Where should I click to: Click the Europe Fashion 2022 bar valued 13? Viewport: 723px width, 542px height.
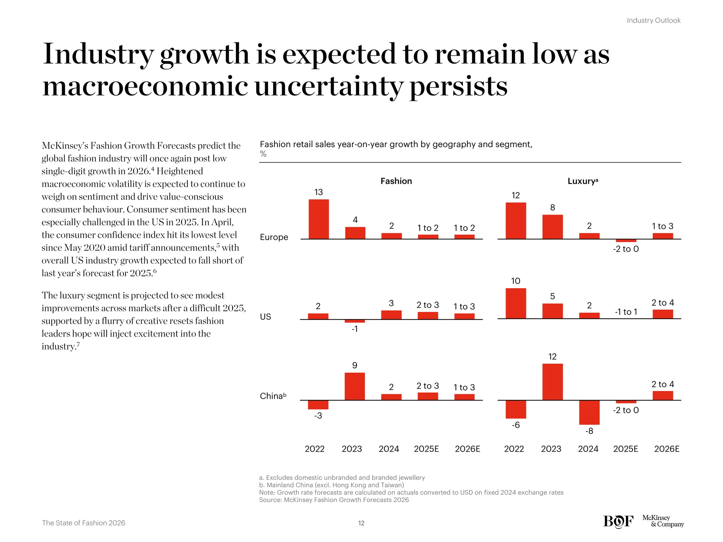318,219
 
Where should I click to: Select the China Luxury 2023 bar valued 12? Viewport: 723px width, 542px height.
552,382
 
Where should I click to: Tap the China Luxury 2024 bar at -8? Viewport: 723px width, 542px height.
589,412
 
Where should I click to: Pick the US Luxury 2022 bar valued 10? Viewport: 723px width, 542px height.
516,303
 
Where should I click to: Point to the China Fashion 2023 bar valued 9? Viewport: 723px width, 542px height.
354,386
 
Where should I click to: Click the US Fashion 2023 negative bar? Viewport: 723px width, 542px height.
354,321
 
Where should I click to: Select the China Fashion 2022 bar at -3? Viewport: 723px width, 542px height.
318,405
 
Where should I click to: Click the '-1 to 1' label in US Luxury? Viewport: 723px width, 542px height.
626,312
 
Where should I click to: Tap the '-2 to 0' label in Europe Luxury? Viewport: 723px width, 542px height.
626,249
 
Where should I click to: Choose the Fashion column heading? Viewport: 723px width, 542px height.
396,181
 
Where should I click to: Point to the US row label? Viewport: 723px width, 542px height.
265,317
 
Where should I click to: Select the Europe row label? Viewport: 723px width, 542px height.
274,237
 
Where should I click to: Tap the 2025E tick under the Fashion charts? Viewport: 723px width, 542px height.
426,449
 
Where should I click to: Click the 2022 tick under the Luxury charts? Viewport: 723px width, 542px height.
514,449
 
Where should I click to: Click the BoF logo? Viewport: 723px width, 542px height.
618,521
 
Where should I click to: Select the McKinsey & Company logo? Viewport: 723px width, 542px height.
663,521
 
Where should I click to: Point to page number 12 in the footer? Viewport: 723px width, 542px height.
361,523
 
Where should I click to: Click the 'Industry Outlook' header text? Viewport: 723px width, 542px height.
653,20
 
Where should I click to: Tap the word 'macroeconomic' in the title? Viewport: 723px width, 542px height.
145,86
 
